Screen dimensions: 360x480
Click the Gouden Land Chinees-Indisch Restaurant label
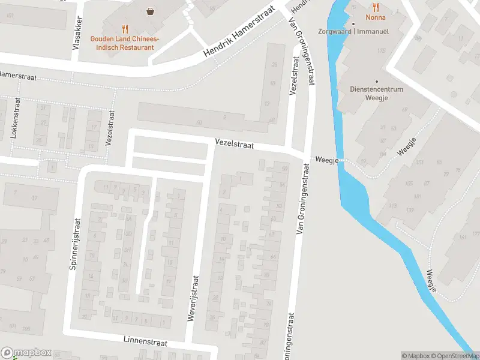click(125, 43)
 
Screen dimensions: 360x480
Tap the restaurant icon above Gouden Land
click(125, 28)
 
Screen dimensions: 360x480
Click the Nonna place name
click(376, 18)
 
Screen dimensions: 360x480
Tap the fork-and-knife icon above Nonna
click(376, 7)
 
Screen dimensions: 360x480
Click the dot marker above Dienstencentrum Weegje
click(376, 82)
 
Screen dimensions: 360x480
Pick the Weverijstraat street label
click(193, 298)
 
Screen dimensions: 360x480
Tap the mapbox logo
click(26, 353)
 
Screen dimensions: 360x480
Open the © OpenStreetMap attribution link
click(455, 356)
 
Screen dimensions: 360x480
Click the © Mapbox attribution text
click(415, 356)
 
